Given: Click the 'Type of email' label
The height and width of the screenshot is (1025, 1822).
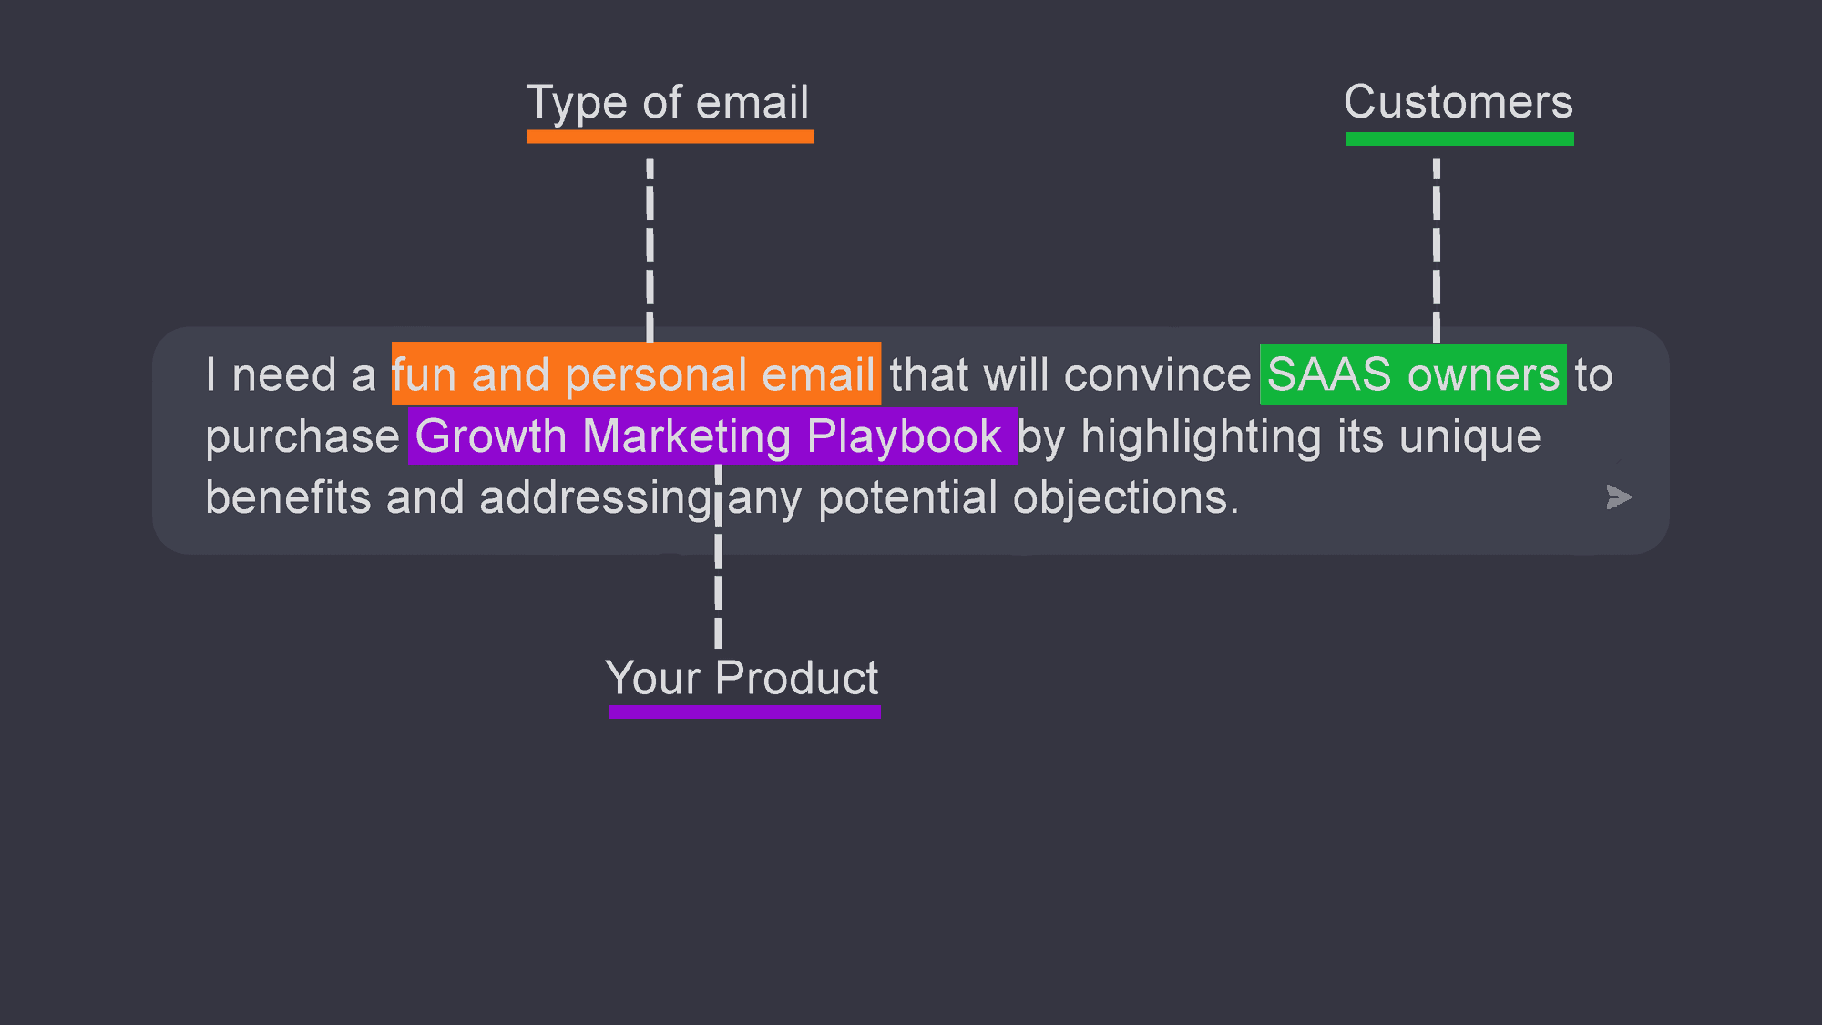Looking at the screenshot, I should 668,102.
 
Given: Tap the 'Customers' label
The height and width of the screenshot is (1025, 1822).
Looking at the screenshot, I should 1459,102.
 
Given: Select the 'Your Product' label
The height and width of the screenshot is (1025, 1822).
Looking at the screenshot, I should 742,679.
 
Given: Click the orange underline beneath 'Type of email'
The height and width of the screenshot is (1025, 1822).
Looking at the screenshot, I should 670,137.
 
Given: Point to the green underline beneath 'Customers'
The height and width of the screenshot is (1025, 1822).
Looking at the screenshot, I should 1459,138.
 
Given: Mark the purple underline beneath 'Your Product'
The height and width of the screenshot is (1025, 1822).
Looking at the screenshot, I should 744,712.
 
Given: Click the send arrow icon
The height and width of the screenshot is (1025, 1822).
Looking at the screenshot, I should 1618,497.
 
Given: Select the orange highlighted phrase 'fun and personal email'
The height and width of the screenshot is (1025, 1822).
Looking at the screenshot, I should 635,374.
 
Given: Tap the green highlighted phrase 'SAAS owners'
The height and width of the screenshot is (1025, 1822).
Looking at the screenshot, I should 1413,374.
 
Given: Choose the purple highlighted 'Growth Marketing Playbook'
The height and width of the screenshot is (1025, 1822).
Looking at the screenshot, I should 711,436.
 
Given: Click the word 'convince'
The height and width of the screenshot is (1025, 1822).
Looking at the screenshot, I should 1157,375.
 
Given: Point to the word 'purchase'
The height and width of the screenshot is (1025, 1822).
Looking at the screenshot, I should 302,437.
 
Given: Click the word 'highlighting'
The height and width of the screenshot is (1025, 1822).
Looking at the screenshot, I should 1201,437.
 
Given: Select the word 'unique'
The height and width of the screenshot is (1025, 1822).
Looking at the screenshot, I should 1469,437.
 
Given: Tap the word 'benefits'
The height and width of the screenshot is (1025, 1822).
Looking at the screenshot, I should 288,498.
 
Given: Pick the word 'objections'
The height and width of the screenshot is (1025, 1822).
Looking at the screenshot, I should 1125,498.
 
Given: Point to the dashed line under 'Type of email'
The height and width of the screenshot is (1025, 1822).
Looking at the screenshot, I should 650,246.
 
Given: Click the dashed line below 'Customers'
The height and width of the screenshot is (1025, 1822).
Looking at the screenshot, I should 1437,246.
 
